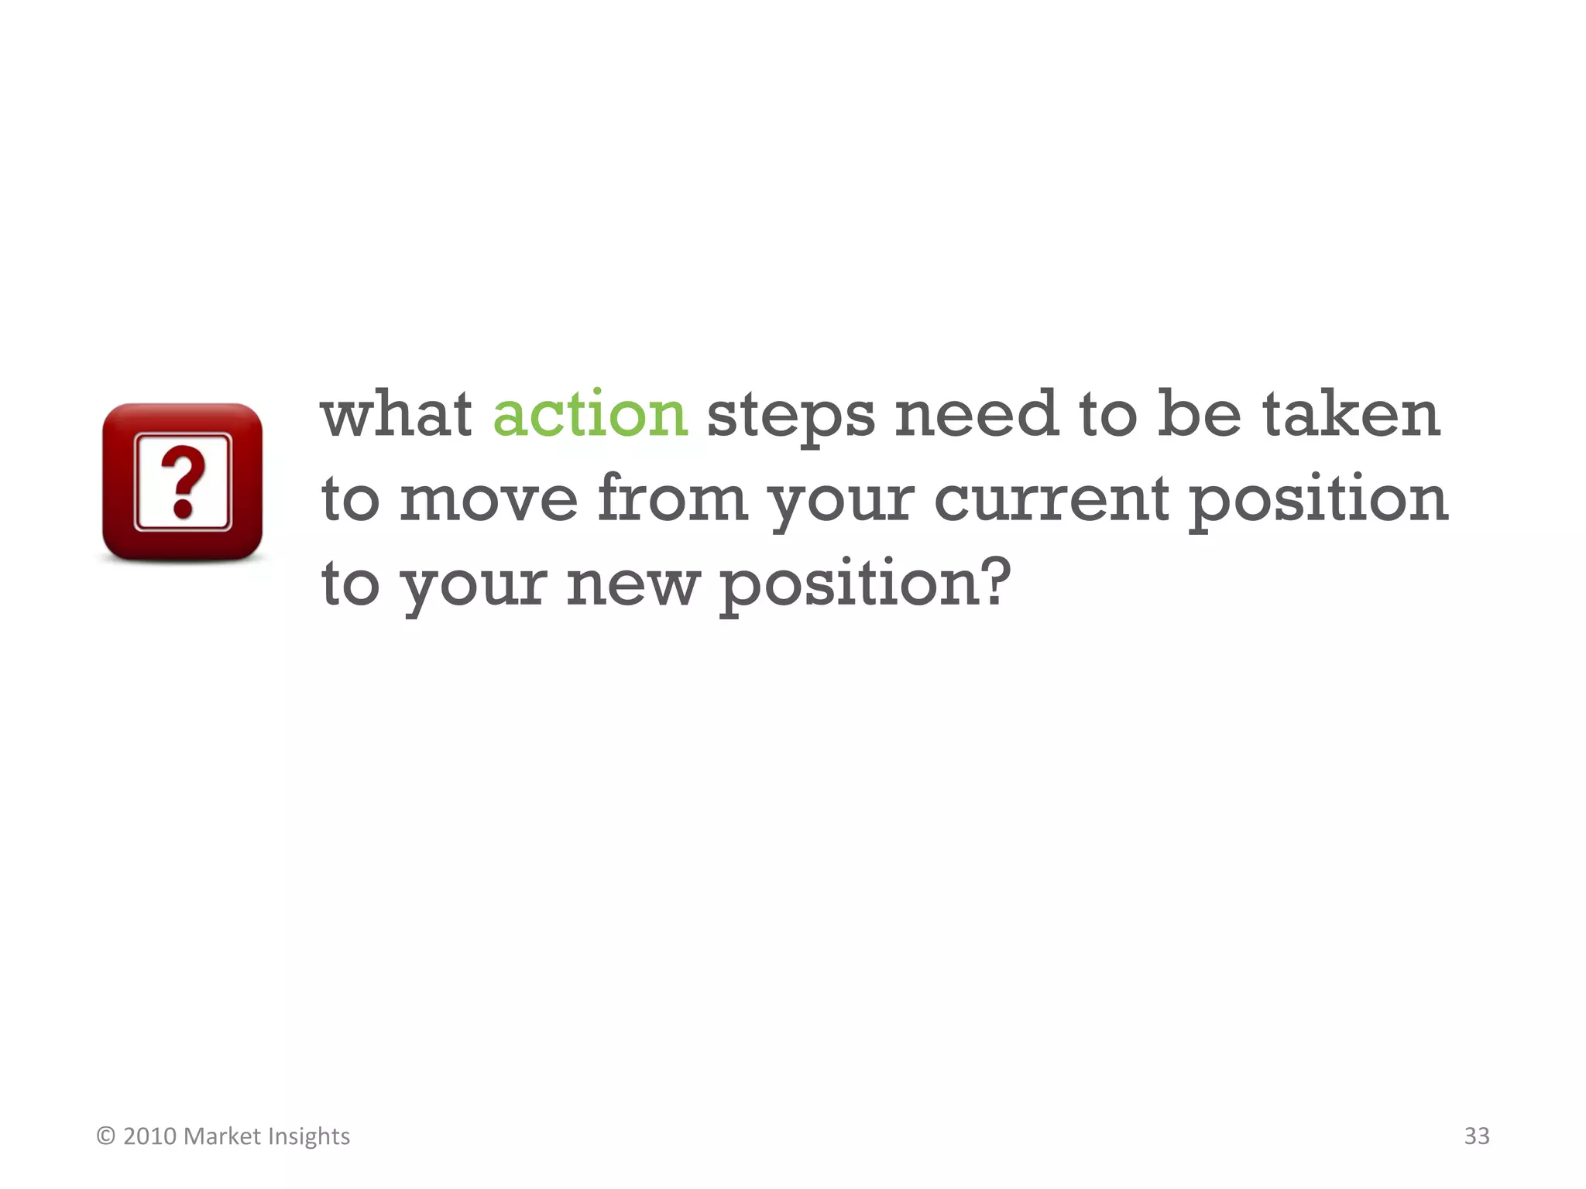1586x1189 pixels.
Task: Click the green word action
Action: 589,414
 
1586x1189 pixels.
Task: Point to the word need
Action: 976,414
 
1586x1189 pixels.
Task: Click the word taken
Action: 1351,414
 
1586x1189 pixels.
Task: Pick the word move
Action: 488,499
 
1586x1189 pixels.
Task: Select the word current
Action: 1051,499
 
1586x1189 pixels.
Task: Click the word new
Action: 632,584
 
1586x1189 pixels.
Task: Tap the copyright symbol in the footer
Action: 106,1136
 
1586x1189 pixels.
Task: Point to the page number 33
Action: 1476,1136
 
